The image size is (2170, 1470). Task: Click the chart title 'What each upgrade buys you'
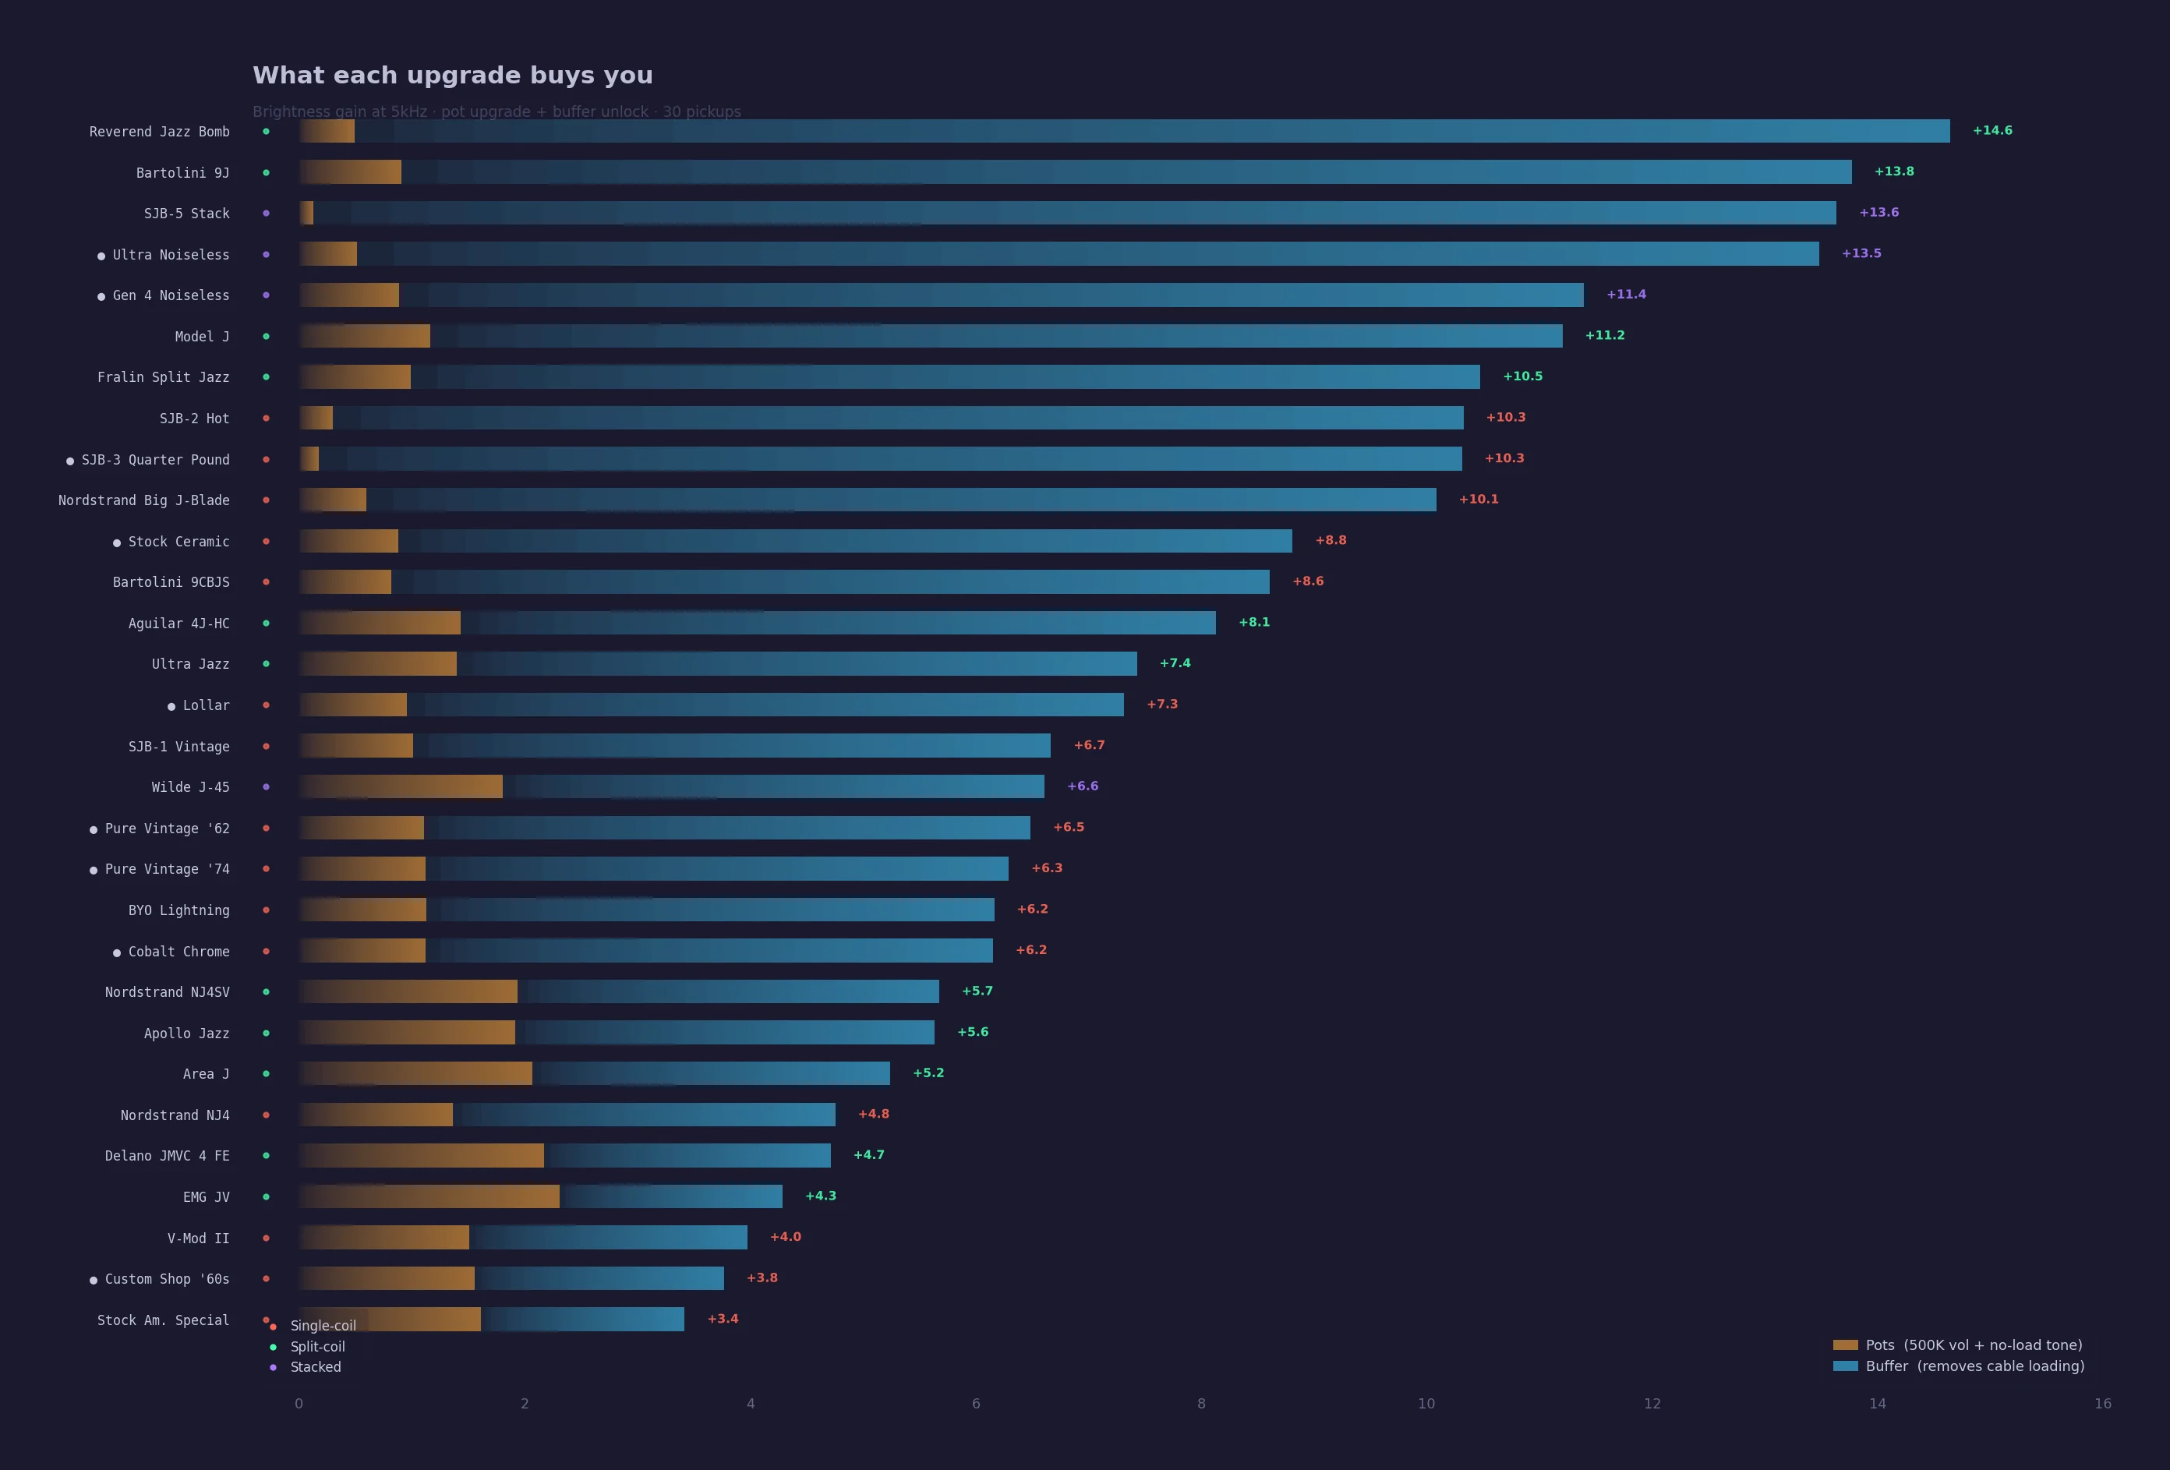[452, 76]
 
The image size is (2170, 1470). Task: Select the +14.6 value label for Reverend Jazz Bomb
[1992, 131]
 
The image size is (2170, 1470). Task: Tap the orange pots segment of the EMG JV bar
[429, 1196]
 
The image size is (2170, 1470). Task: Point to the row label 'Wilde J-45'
[190, 787]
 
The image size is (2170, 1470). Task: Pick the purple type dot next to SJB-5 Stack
[266, 213]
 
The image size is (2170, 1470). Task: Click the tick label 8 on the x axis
[1201, 1404]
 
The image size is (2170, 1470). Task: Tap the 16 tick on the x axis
[2102, 1404]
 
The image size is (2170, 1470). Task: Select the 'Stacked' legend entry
[316, 1367]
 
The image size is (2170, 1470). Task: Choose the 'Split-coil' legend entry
[317, 1347]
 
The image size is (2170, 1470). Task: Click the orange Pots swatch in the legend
[1845, 1345]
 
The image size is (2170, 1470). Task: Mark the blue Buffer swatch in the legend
[1845, 1366]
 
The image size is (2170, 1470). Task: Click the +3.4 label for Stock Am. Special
[723, 1319]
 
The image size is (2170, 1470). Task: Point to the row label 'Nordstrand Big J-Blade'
[143, 500]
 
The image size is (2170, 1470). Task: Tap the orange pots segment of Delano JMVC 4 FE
[421, 1155]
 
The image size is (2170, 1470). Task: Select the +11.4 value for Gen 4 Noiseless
[1626, 294]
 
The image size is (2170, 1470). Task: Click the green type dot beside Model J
[266, 336]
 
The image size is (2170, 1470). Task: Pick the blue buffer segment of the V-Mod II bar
[608, 1238]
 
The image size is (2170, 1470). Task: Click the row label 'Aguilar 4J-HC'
[178, 623]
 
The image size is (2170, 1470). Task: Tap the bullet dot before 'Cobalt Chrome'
[117, 952]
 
